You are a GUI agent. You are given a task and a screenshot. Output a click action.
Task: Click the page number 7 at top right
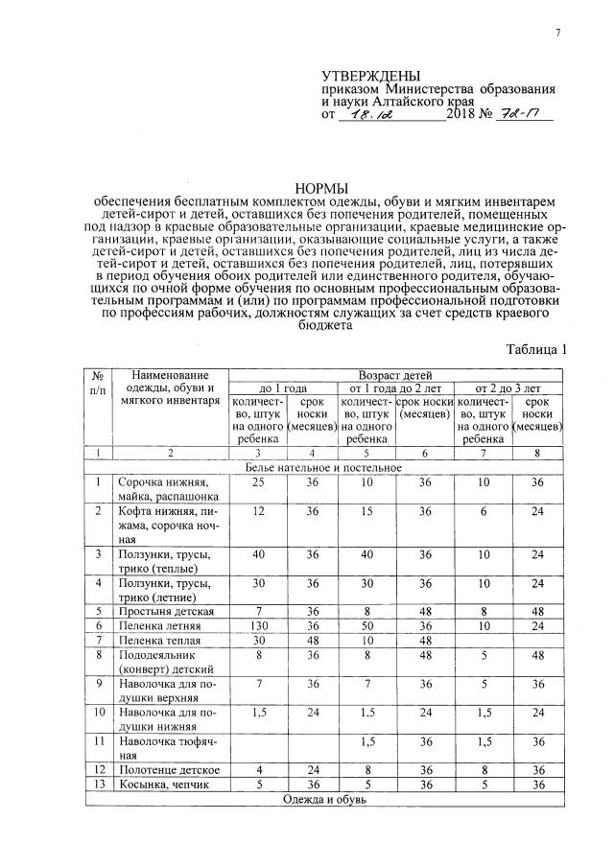point(556,35)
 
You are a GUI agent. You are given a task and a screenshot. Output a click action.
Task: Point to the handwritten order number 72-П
point(517,115)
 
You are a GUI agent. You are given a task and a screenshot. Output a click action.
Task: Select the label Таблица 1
point(537,350)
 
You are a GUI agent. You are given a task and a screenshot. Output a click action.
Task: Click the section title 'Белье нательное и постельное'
point(320,467)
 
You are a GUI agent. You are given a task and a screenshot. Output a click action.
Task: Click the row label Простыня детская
point(165,611)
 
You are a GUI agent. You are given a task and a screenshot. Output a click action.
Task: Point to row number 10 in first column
point(99,713)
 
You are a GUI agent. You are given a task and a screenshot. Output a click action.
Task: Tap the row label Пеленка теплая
point(159,640)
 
